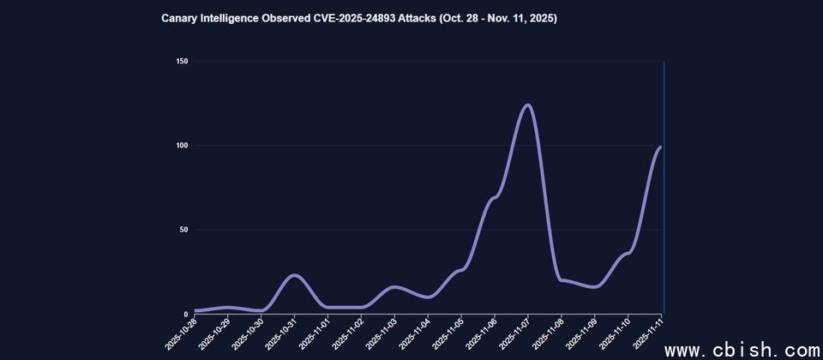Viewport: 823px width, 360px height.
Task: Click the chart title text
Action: pos(359,18)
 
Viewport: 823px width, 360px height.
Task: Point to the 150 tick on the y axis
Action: pos(181,61)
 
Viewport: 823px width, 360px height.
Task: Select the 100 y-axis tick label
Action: pos(181,145)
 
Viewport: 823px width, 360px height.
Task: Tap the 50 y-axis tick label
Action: pos(183,230)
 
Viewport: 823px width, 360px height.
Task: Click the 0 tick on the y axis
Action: pos(185,314)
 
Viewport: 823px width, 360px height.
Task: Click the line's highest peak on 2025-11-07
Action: pos(527,105)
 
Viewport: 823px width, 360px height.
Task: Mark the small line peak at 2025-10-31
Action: pos(294,275)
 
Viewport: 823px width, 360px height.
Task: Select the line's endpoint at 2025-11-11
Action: pos(660,147)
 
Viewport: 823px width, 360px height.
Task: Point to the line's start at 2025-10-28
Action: pos(195,310)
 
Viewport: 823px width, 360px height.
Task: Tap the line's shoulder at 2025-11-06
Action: pos(494,198)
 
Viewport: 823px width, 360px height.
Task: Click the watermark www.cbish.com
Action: pos(743,350)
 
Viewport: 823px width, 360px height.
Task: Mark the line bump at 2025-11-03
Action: pos(394,287)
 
